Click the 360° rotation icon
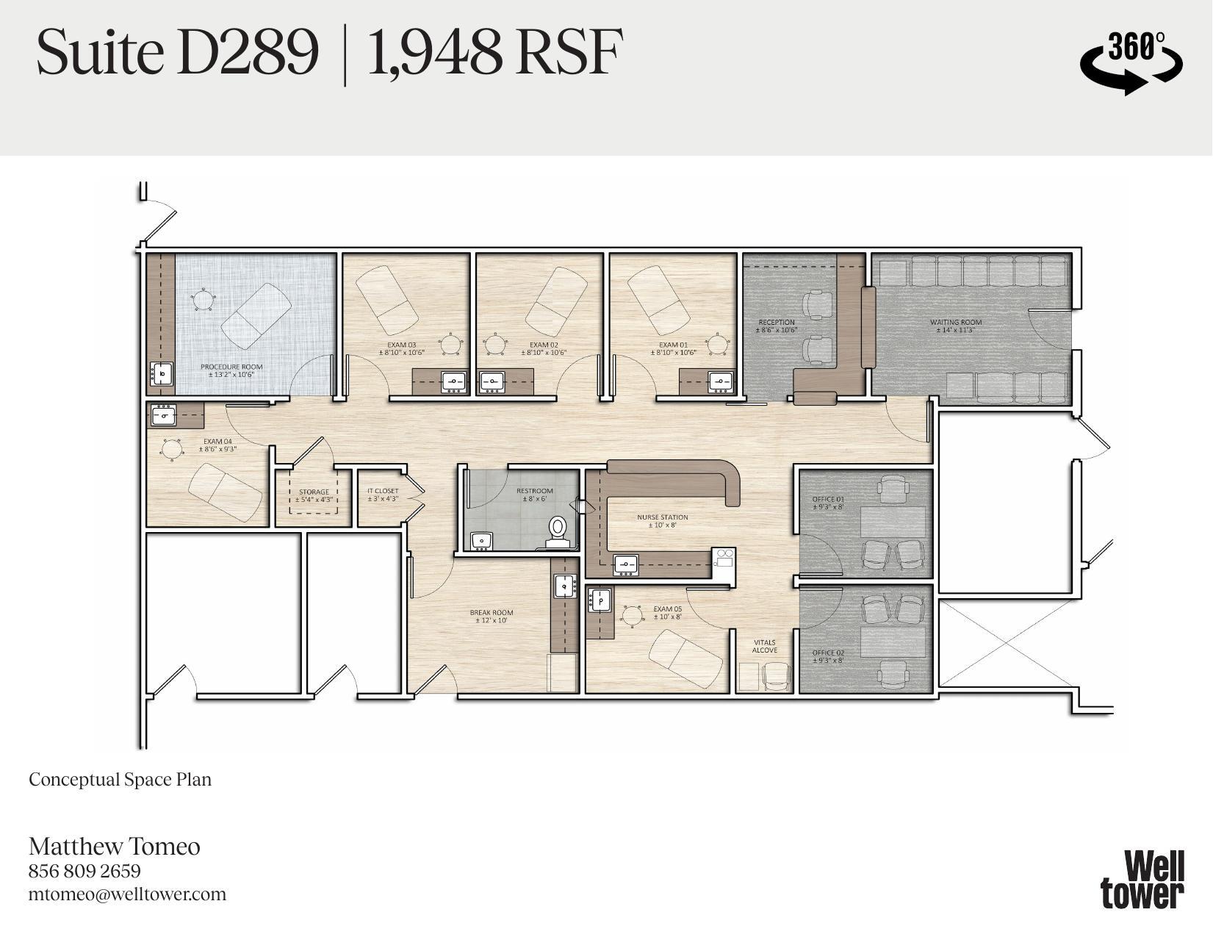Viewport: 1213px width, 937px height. click(1131, 62)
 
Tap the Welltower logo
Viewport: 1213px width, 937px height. click(1142, 880)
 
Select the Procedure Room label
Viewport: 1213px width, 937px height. click(231, 370)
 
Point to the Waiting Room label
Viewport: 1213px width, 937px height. click(955, 326)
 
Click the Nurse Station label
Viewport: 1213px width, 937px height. click(662, 521)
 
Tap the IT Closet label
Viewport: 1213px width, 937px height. click(383, 495)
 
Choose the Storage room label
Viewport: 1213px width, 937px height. click(314, 496)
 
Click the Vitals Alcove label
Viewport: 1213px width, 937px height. click(764, 646)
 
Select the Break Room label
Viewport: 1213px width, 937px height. click(492, 616)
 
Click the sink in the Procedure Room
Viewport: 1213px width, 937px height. click(161, 373)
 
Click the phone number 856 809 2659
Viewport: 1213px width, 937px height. click(84, 871)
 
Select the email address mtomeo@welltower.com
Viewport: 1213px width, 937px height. click(127, 894)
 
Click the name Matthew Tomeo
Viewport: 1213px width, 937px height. click(115, 846)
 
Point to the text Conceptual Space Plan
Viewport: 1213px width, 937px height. click(120, 779)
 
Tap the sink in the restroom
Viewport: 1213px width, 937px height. click(482, 541)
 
